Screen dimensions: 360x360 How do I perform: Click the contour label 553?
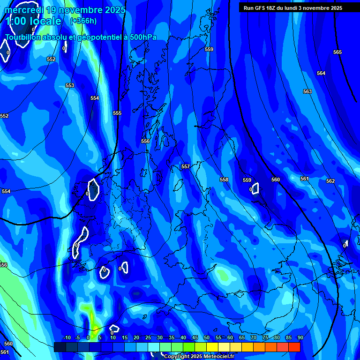(x=70, y=85)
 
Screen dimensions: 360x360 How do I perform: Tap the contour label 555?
(x=117, y=113)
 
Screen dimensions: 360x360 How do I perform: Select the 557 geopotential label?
(x=186, y=166)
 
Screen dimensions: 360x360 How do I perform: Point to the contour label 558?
(x=224, y=180)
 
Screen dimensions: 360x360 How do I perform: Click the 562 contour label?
(x=330, y=181)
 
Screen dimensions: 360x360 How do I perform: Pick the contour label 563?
(x=307, y=91)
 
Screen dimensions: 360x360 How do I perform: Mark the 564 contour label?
(x=321, y=73)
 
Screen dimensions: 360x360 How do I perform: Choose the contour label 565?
(x=337, y=52)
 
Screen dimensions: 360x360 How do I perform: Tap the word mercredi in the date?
(x=25, y=10)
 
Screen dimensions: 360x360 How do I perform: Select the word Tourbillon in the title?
(x=23, y=37)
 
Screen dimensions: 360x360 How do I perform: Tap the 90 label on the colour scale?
(x=300, y=337)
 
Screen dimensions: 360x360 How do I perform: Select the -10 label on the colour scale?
(x=67, y=337)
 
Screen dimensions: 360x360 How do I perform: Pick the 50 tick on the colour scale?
(x=207, y=337)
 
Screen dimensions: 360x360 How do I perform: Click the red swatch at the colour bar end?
(x=294, y=347)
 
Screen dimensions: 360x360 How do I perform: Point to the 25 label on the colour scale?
(x=148, y=337)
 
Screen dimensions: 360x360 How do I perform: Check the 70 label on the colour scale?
(x=254, y=337)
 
